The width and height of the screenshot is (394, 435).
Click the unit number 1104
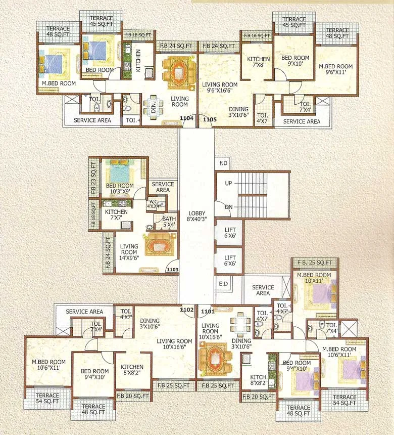point(186,119)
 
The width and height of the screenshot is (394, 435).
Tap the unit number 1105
point(210,119)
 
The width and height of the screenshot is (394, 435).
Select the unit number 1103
point(172,270)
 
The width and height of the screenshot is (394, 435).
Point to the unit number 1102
point(187,310)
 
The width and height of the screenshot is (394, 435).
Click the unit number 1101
point(208,312)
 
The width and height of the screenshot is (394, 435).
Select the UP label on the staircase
point(228,183)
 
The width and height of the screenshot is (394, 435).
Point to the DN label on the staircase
point(228,207)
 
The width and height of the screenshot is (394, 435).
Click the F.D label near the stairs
point(223,163)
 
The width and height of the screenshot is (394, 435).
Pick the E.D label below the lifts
point(223,283)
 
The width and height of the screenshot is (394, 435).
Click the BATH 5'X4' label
point(169,222)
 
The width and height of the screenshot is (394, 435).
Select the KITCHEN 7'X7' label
point(116,215)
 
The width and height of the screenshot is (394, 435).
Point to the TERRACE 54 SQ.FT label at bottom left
point(47,398)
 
